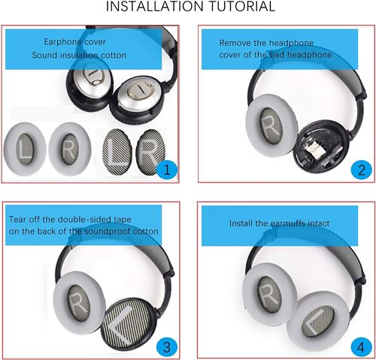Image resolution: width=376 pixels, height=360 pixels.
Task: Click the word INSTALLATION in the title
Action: pyautogui.click(x=154, y=6)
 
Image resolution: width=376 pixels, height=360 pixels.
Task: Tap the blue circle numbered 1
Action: pyautogui.click(x=167, y=170)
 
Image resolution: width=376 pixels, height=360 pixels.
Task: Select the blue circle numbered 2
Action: pyautogui.click(x=361, y=170)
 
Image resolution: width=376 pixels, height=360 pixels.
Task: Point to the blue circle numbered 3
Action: pyautogui.click(x=167, y=347)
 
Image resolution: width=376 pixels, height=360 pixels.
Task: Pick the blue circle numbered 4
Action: pyautogui.click(x=361, y=347)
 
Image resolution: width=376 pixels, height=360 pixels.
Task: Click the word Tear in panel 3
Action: pyautogui.click(x=17, y=219)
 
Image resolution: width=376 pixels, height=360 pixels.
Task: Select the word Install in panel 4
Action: pyautogui.click(x=241, y=223)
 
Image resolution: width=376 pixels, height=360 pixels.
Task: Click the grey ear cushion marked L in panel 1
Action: pyautogui.click(x=25, y=149)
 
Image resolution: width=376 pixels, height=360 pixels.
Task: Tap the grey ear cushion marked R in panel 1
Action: pyautogui.click(x=70, y=149)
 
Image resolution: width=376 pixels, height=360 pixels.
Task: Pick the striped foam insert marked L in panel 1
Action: pyautogui.click(x=117, y=151)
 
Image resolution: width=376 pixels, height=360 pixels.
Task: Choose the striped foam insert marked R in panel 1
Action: pyautogui.click(x=150, y=151)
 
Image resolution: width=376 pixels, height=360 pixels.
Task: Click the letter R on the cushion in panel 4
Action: pyautogui.click(x=268, y=295)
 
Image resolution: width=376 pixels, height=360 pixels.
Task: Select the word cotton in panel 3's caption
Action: pyautogui.click(x=145, y=231)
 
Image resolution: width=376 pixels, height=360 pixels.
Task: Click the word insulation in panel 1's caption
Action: pyautogui.click(x=80, y=55)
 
